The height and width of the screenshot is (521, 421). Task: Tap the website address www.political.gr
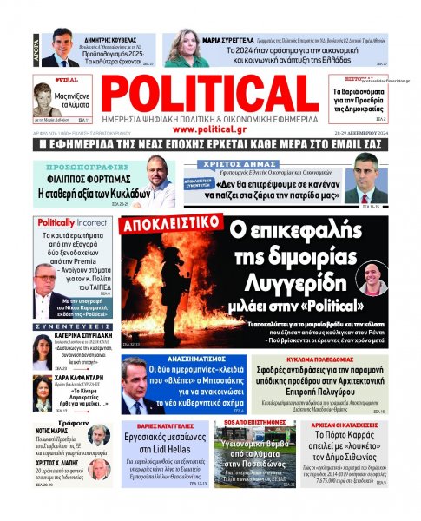(211, 129)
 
